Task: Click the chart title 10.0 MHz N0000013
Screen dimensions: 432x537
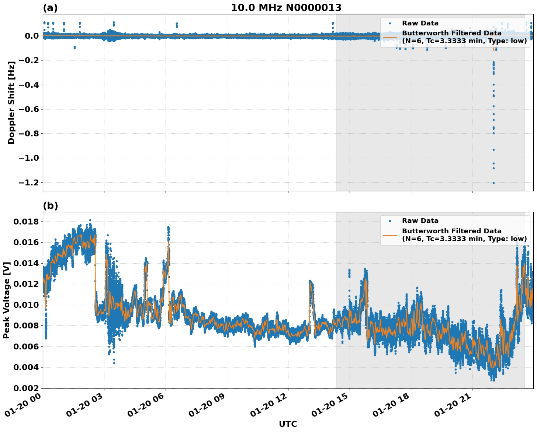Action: (286, 8)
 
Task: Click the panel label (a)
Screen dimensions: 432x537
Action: (51, 8)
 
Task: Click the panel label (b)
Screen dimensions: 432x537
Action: (51, 206)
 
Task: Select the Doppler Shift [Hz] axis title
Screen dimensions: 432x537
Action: (11, 102)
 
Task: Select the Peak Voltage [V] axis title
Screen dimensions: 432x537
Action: (6, 300)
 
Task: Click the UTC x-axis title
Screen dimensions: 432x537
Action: (288, 424)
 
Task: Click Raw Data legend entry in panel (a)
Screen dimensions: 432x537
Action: (420, 23)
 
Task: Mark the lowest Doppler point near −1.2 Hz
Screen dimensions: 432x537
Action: (493, 183)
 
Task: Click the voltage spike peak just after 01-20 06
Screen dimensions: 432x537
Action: (168, 227)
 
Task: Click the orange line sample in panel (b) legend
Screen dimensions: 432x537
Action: (390, 235)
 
